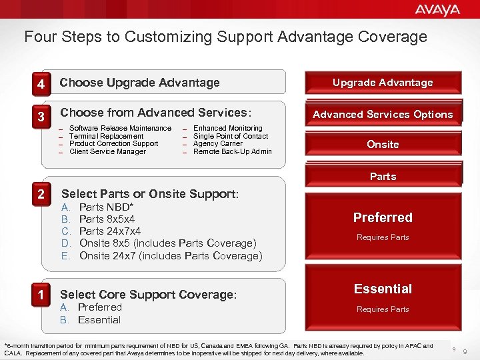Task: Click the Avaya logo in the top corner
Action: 437,10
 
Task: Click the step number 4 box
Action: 41,85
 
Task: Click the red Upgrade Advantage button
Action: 383,83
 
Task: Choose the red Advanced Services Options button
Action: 383,114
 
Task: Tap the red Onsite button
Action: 383,145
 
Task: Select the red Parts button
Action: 383,176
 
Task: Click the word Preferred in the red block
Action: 383,217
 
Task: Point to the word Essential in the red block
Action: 383,289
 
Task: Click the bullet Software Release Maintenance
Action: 120,128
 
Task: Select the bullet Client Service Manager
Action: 107,152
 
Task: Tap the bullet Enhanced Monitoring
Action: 227,128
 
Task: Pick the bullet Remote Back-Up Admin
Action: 232,152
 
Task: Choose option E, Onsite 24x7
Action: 170,256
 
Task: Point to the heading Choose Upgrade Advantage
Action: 139,83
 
